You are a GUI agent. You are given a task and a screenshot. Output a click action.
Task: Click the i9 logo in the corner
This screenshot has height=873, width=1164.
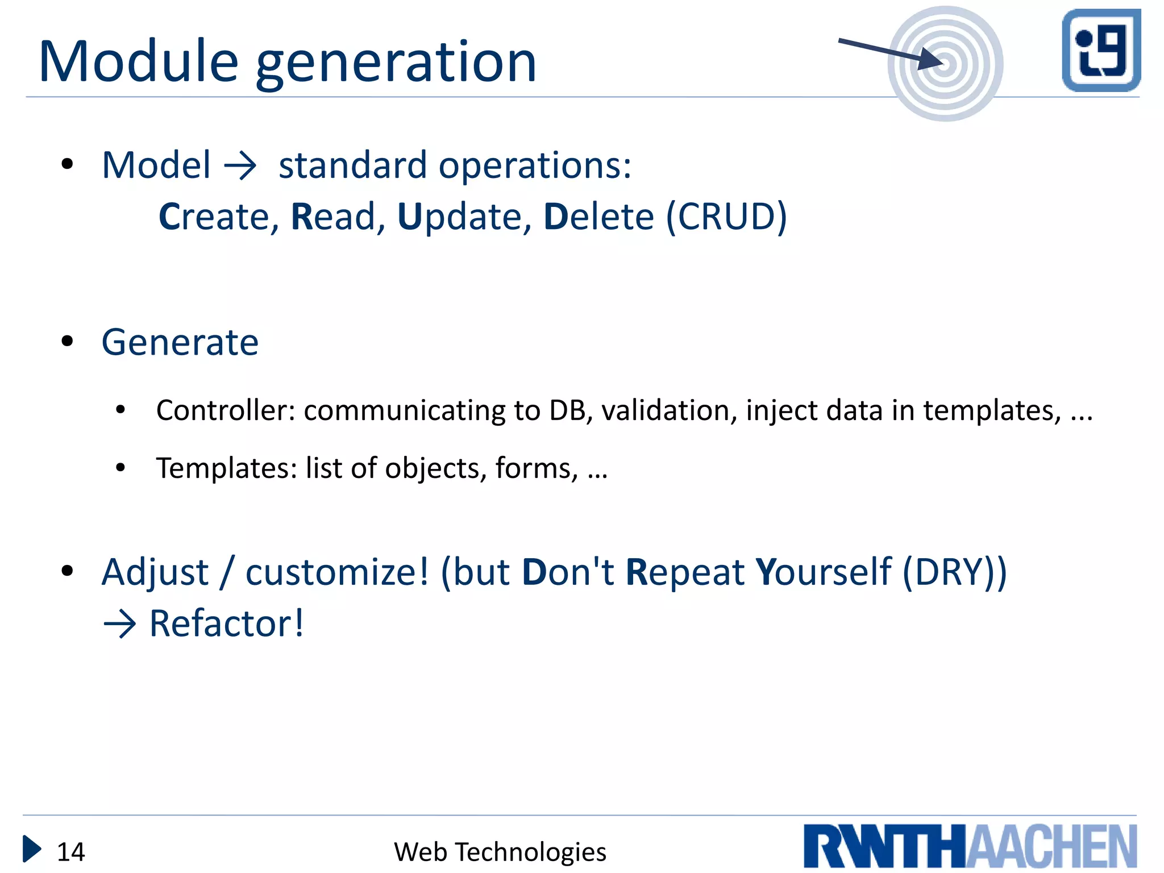click(x=1101, y=50)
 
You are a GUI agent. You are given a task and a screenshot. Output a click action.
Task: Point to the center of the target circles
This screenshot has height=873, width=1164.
click(x=945, y=64)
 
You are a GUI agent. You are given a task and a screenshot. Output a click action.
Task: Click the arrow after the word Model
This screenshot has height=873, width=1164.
click(x=240, y=167)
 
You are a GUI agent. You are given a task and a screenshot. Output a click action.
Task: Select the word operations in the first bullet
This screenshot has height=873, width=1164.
click(x=535, y=166)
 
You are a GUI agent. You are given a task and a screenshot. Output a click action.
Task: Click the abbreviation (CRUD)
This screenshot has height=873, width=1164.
click(x=726, y=217)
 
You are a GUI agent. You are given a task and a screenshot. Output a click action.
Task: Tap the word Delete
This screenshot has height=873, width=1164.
click(x=598, y=217)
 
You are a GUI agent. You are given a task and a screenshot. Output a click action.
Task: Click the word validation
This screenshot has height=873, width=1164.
click(x=669, y=410)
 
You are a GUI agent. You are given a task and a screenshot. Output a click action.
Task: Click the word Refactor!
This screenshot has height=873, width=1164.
click(x=226, y=623)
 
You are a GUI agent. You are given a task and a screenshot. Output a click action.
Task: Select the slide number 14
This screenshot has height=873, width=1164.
click(x=71, y=852)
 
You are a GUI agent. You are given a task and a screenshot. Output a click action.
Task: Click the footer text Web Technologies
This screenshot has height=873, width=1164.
click(x=500, y=852)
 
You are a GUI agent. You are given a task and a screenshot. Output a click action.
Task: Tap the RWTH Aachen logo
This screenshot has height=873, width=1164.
click(x=970, y=846)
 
